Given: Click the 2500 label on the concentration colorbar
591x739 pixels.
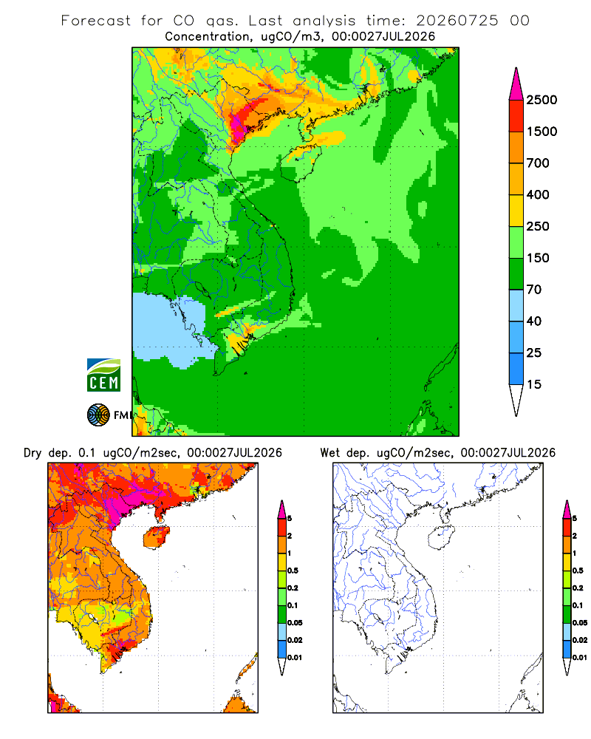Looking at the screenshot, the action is click(x=542, y=100).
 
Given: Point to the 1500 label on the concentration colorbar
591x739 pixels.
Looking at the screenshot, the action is click(x=542, y=132).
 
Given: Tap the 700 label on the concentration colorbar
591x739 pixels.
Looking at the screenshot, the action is click(x=538, y=163).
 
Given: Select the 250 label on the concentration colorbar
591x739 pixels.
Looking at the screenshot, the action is click(x=538, y=226).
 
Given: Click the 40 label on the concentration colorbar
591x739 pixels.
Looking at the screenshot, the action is click(x=534, y=321).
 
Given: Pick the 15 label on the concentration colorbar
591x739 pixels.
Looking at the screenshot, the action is click(x=534, y=384).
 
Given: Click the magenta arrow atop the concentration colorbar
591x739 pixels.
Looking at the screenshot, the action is click(x=516, y=84).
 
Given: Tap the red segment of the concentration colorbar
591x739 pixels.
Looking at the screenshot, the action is click(x=516, y=116).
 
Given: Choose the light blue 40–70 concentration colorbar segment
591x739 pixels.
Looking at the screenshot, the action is click(x=516, y=305).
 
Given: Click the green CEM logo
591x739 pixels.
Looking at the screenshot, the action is click(x=103, y=375).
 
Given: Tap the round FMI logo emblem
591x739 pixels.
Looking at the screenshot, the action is click(x=98, y=415).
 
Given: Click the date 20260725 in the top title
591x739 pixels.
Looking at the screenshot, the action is click(x=457, y=21).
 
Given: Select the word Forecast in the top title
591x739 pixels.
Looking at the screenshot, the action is click(x=96, y=21).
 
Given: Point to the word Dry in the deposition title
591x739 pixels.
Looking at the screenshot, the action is click(x=33, y=453).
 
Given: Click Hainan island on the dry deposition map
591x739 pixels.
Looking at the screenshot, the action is click(x=157, y=537).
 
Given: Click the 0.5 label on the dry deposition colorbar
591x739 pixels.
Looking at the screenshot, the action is click(x=293, y=571).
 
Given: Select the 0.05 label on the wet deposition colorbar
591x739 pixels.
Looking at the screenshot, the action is click(x=580, y=623).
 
